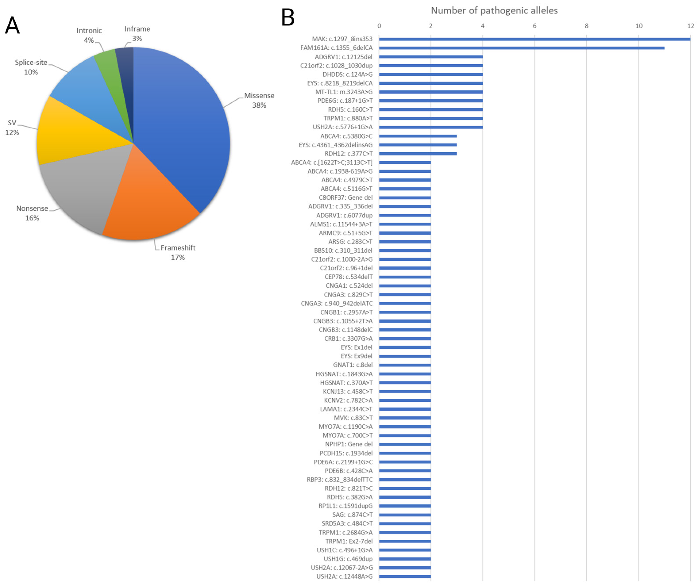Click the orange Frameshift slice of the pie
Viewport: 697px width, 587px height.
point(150,206)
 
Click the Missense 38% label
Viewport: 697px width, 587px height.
point(259,100)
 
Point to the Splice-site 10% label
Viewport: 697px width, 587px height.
point(31,67)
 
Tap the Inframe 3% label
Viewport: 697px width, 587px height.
point(137,34)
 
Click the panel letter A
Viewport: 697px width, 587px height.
point(12,26)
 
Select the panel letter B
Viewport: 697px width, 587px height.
point(288,17)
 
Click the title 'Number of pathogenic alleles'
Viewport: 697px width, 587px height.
point(494,11)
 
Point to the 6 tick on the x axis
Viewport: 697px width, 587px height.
point(535,26)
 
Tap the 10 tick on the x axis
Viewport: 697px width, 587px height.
point(638,26)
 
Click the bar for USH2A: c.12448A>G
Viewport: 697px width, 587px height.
point(405,577)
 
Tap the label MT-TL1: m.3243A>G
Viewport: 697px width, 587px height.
point(344,92)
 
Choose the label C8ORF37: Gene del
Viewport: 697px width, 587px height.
point(345,198)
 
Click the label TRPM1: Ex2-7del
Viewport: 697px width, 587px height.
point(349,541)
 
